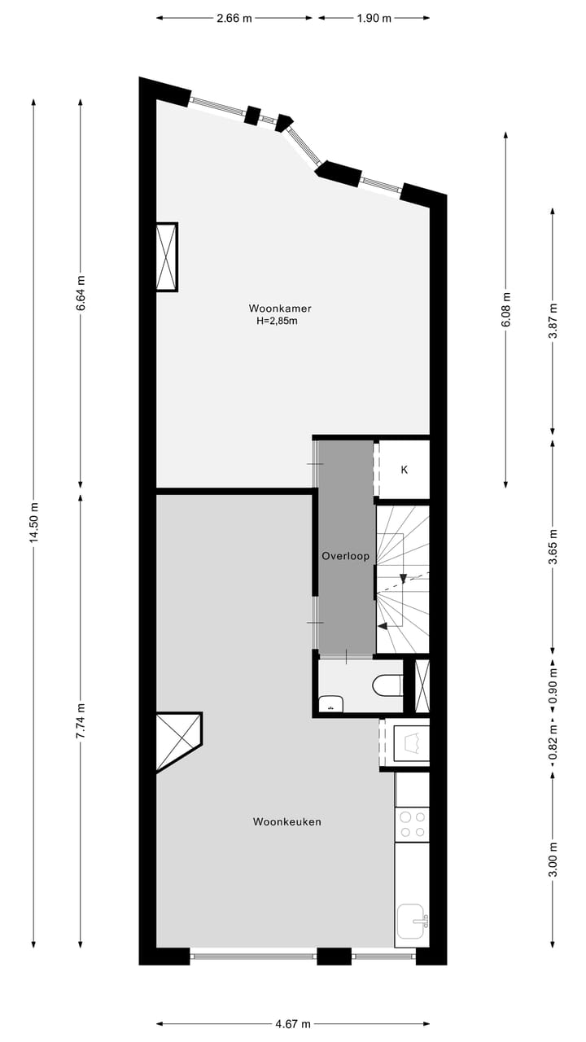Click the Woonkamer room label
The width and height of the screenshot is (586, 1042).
click(x=280, y=309)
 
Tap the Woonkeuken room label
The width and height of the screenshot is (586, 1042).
click(x=287, y=821)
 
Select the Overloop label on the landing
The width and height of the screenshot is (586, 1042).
click(x=346, y=556)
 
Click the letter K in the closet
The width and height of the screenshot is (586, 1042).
click(x=404, y=470)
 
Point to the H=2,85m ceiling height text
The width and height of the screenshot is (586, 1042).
click(x=278, y=321)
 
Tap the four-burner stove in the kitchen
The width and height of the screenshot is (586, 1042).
click(x=413, y=824)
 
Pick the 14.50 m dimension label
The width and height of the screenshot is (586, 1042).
click(x=33, y=523)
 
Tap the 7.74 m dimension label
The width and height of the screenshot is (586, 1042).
click(x=80, y=720)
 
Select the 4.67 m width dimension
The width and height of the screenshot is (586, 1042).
click(x=294, y=1024)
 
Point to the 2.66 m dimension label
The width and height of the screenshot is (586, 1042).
click(x=234, y=18)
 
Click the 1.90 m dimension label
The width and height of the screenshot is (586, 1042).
click(x=374, y=18)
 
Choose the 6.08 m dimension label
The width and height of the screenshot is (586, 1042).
click(x=506, y=309)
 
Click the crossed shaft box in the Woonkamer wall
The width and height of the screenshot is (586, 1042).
click(x=167, y=256)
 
